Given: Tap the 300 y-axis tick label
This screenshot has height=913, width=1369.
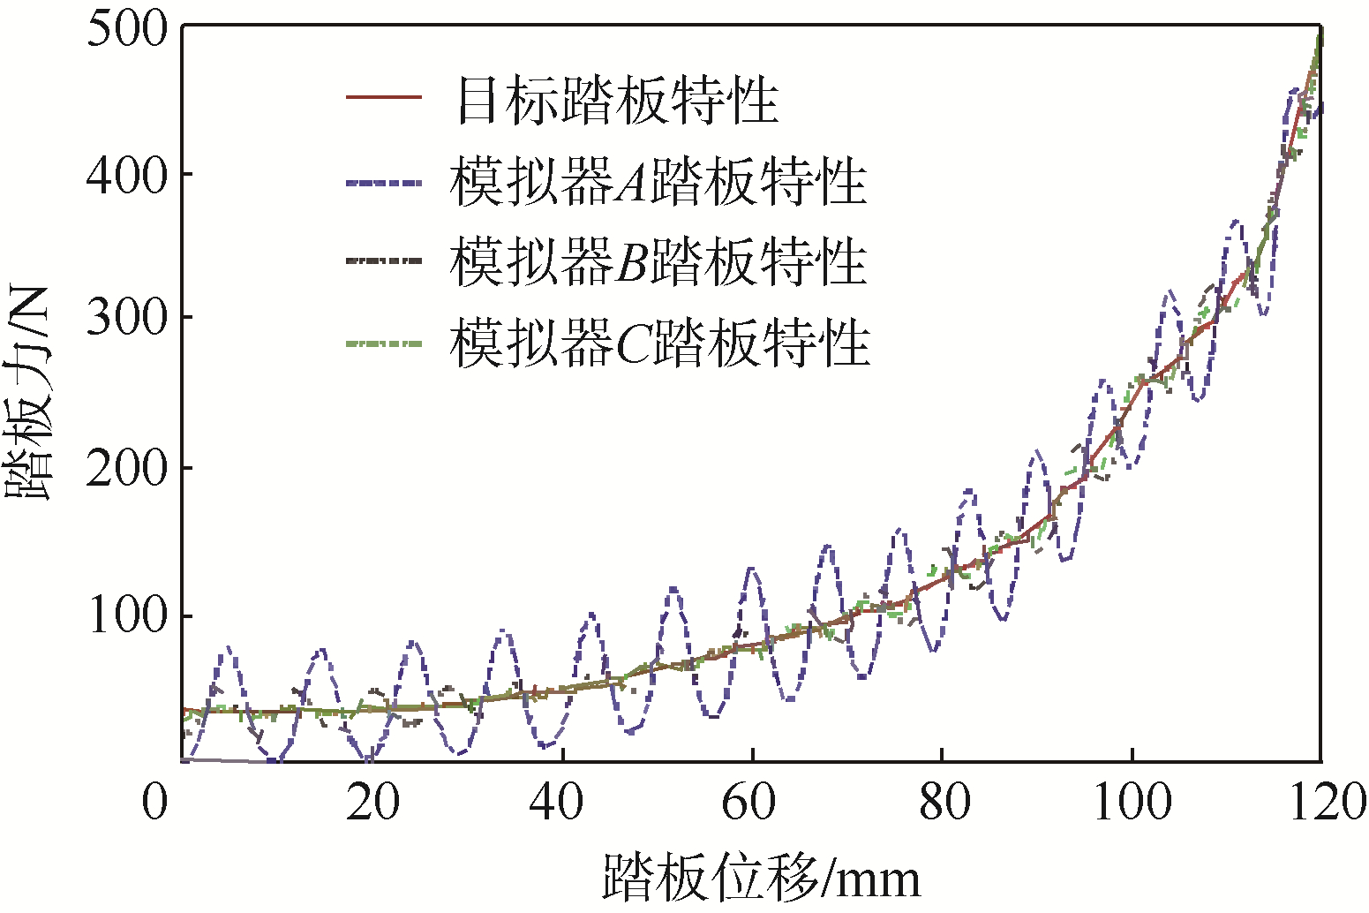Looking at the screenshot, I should tap(127, 319).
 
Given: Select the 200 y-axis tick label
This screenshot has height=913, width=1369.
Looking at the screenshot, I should tap(127, 468).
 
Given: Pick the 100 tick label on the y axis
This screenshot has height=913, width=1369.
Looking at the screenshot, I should tap(127, 615).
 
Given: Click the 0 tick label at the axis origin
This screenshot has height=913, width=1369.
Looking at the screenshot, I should tap(155, 803).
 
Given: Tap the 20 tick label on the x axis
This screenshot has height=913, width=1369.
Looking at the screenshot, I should tap(372, 803).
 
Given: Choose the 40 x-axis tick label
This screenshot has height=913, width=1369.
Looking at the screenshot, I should tap(561, 803).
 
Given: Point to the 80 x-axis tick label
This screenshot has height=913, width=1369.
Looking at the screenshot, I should tap(944, 803).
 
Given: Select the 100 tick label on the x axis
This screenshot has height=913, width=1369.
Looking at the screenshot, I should tap(1132, 803).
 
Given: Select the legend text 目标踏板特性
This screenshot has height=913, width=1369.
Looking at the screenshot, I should tap(617, 99).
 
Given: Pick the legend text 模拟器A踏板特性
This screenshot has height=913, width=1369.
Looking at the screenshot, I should tap(658, 182).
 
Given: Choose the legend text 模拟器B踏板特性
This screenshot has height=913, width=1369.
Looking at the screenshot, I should tap(658, 262).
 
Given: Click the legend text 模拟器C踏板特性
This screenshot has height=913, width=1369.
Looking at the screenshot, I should tap(659, 343).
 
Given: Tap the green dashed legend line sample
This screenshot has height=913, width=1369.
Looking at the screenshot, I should tap(384, 343).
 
